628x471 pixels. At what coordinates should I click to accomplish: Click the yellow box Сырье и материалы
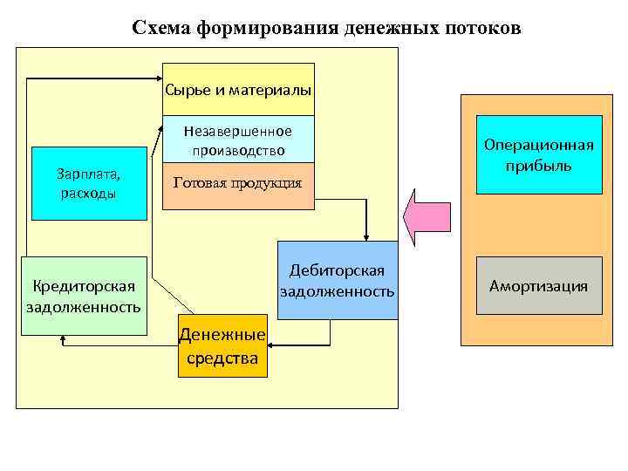238,90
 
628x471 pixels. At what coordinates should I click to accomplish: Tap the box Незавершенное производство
238,140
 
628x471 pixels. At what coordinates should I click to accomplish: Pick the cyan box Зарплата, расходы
88,183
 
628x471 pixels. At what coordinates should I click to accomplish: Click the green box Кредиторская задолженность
84,296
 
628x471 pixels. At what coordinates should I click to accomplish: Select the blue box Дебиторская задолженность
337,280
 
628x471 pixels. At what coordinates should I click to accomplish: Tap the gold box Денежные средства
222,345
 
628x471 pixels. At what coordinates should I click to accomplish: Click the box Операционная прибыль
538,154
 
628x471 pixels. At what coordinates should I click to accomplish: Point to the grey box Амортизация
538,286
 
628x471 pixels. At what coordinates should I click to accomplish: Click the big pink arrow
427,224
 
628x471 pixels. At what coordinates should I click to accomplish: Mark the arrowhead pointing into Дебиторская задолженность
366,235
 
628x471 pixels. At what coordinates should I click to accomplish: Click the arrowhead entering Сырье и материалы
158,79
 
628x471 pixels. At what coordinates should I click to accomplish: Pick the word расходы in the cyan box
88,193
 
